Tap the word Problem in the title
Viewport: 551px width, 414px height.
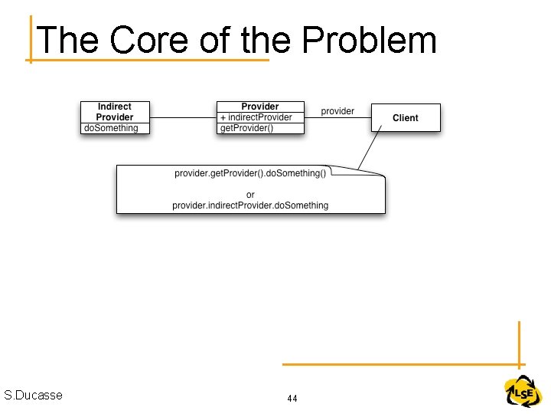[369, 40]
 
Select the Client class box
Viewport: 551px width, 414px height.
[406, 117]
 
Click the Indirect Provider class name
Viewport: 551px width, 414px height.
[115, 111]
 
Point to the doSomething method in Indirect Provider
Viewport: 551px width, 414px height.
[112, 128]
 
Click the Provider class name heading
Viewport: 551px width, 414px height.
[260, 107]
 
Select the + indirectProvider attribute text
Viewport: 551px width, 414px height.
[256, 117]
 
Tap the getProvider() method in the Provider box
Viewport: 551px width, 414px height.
[246, 128]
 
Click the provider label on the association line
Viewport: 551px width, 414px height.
[337, 111]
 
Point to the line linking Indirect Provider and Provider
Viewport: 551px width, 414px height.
[184, 117]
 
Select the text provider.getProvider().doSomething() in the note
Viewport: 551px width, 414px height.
[250, 173]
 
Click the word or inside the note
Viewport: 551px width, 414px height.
[250, 194]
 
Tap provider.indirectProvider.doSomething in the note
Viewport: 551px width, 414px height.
[250, 205]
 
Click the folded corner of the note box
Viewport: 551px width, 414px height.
[380, 172]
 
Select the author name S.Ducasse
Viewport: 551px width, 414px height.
[33, 396]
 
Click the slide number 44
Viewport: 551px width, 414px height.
[292, 399]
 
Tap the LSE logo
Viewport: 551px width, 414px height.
[523, 393]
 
